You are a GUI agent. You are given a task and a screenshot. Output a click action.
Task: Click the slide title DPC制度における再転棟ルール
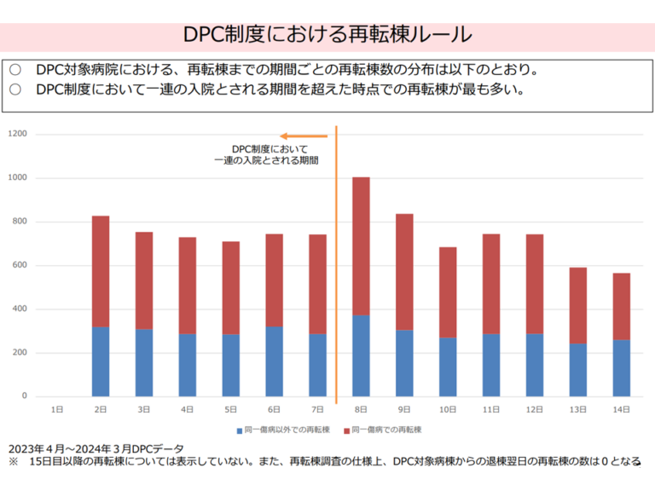(x=327, y=35)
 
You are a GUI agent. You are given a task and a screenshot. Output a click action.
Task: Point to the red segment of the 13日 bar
(x=578, y=305)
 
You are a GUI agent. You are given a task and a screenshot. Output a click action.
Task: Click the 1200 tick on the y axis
(x=19, y=135)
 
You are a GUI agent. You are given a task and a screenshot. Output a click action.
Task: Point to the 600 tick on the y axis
(x=20, y=266)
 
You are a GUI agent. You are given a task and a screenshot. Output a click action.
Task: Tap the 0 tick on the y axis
(x=25, y=396)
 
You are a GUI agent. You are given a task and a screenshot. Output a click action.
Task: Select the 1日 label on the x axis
(x=57, y=410)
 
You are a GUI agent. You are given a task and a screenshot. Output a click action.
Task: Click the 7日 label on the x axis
(x=317, y=410)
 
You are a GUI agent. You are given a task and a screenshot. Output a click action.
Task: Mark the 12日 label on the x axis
(x=535, y=410)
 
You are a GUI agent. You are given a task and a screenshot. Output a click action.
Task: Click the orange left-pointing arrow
(x=304, y=136)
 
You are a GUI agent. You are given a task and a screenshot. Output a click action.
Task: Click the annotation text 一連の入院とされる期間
(x=267, y=159)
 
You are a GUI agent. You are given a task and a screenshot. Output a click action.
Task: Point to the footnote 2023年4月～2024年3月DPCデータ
(x=96, y=448)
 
